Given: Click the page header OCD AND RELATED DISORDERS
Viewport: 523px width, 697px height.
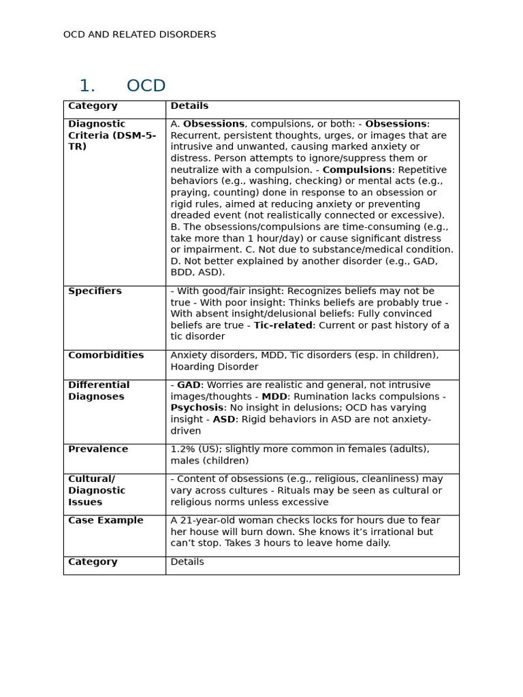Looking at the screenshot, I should coord(140,35).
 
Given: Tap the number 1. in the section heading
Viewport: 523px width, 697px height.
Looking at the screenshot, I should coord(87,86).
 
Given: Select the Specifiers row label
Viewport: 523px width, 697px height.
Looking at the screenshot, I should coord(95,291).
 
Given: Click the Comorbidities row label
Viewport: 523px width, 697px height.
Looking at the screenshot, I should coord(106,355).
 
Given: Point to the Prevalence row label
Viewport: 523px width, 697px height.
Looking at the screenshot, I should coord(98,449).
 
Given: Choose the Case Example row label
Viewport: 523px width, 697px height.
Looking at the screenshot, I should coord(106,521).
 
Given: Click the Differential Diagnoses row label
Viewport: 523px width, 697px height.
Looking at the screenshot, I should coord(99,391).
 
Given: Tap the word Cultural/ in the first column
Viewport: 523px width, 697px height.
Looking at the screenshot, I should coord(91,479).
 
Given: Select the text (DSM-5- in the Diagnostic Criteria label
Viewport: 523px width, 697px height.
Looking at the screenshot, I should coord(133,135).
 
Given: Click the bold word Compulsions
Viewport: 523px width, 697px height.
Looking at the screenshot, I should coord(357,170).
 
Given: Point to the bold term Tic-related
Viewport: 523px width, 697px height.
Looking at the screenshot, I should coord(283,325).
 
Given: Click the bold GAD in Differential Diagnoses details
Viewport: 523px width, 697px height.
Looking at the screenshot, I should coord(189,385).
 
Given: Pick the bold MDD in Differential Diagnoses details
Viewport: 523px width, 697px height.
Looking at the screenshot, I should coord(274,397).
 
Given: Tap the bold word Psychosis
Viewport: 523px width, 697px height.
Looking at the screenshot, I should coord(197,408).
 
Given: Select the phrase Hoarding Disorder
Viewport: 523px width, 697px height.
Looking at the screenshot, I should coord(214,367).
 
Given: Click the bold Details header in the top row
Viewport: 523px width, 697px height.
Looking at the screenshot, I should coord(189,106).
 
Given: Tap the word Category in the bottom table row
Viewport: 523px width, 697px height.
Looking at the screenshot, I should coord(93,562).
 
